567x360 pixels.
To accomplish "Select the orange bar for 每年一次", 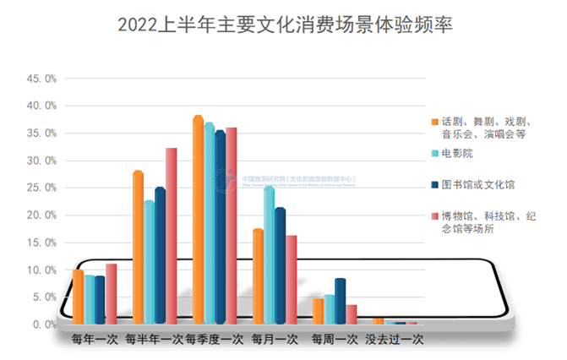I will tap(78, 297).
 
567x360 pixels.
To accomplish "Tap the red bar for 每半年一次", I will tap(171, 236).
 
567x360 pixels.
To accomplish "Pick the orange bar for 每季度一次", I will tap(198, 220).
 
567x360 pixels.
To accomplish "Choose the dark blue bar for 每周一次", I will tap(340, 301).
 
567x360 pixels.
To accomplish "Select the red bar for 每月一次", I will tap(292, 280).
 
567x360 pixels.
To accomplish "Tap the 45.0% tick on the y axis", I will tap(41, 79).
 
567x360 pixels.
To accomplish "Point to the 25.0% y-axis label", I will tap(41, 188).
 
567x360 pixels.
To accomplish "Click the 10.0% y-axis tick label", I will tap(41, 270).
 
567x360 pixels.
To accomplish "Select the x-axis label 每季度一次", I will tap(214, 340).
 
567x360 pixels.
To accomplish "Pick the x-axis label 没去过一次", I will tap(394, 340).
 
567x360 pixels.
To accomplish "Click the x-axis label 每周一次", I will tap(335, 340).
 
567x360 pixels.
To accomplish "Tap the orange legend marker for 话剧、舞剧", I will tap(433, 120).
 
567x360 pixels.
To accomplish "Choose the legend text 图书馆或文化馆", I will tap(477, 184).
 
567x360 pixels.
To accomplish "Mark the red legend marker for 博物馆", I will tap(433, 215).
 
